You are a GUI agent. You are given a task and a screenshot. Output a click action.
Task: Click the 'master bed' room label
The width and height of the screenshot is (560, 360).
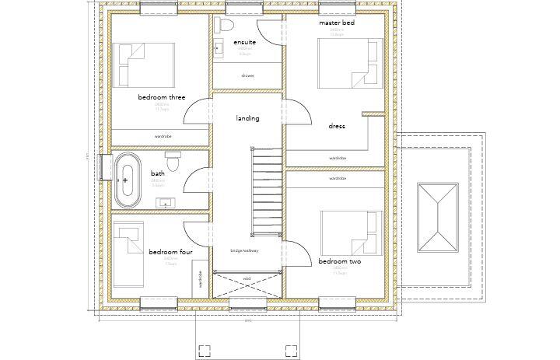(x=337, y=23)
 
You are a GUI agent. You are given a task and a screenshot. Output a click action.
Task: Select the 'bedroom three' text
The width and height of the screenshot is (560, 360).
(x=162, y=97)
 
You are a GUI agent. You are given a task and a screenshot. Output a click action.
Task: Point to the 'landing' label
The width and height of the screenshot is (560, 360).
(x=247, y=118)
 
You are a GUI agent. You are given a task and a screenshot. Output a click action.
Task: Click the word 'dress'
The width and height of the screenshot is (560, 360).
(x=337, y=126)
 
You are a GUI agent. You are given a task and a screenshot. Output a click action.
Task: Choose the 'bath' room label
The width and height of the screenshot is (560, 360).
(x=158, y=173)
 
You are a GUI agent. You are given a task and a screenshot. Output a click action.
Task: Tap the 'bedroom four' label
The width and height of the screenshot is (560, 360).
(x=170, y=252)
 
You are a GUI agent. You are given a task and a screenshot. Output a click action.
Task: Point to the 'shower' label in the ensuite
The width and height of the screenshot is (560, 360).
(x=247, y=75)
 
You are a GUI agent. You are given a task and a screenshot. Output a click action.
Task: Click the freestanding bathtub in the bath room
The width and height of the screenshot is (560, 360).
(x=126, y=180)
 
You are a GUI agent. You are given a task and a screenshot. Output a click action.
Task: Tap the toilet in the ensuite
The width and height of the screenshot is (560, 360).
(x=225, y=25)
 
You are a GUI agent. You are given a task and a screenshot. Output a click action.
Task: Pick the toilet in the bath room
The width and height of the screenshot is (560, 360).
(x=173, y=163)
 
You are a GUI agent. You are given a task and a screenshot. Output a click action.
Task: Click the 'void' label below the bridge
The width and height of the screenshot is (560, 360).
(x=247, y=278)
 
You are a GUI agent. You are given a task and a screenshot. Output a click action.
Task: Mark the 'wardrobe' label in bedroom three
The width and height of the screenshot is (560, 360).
(x=162, y=136)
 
